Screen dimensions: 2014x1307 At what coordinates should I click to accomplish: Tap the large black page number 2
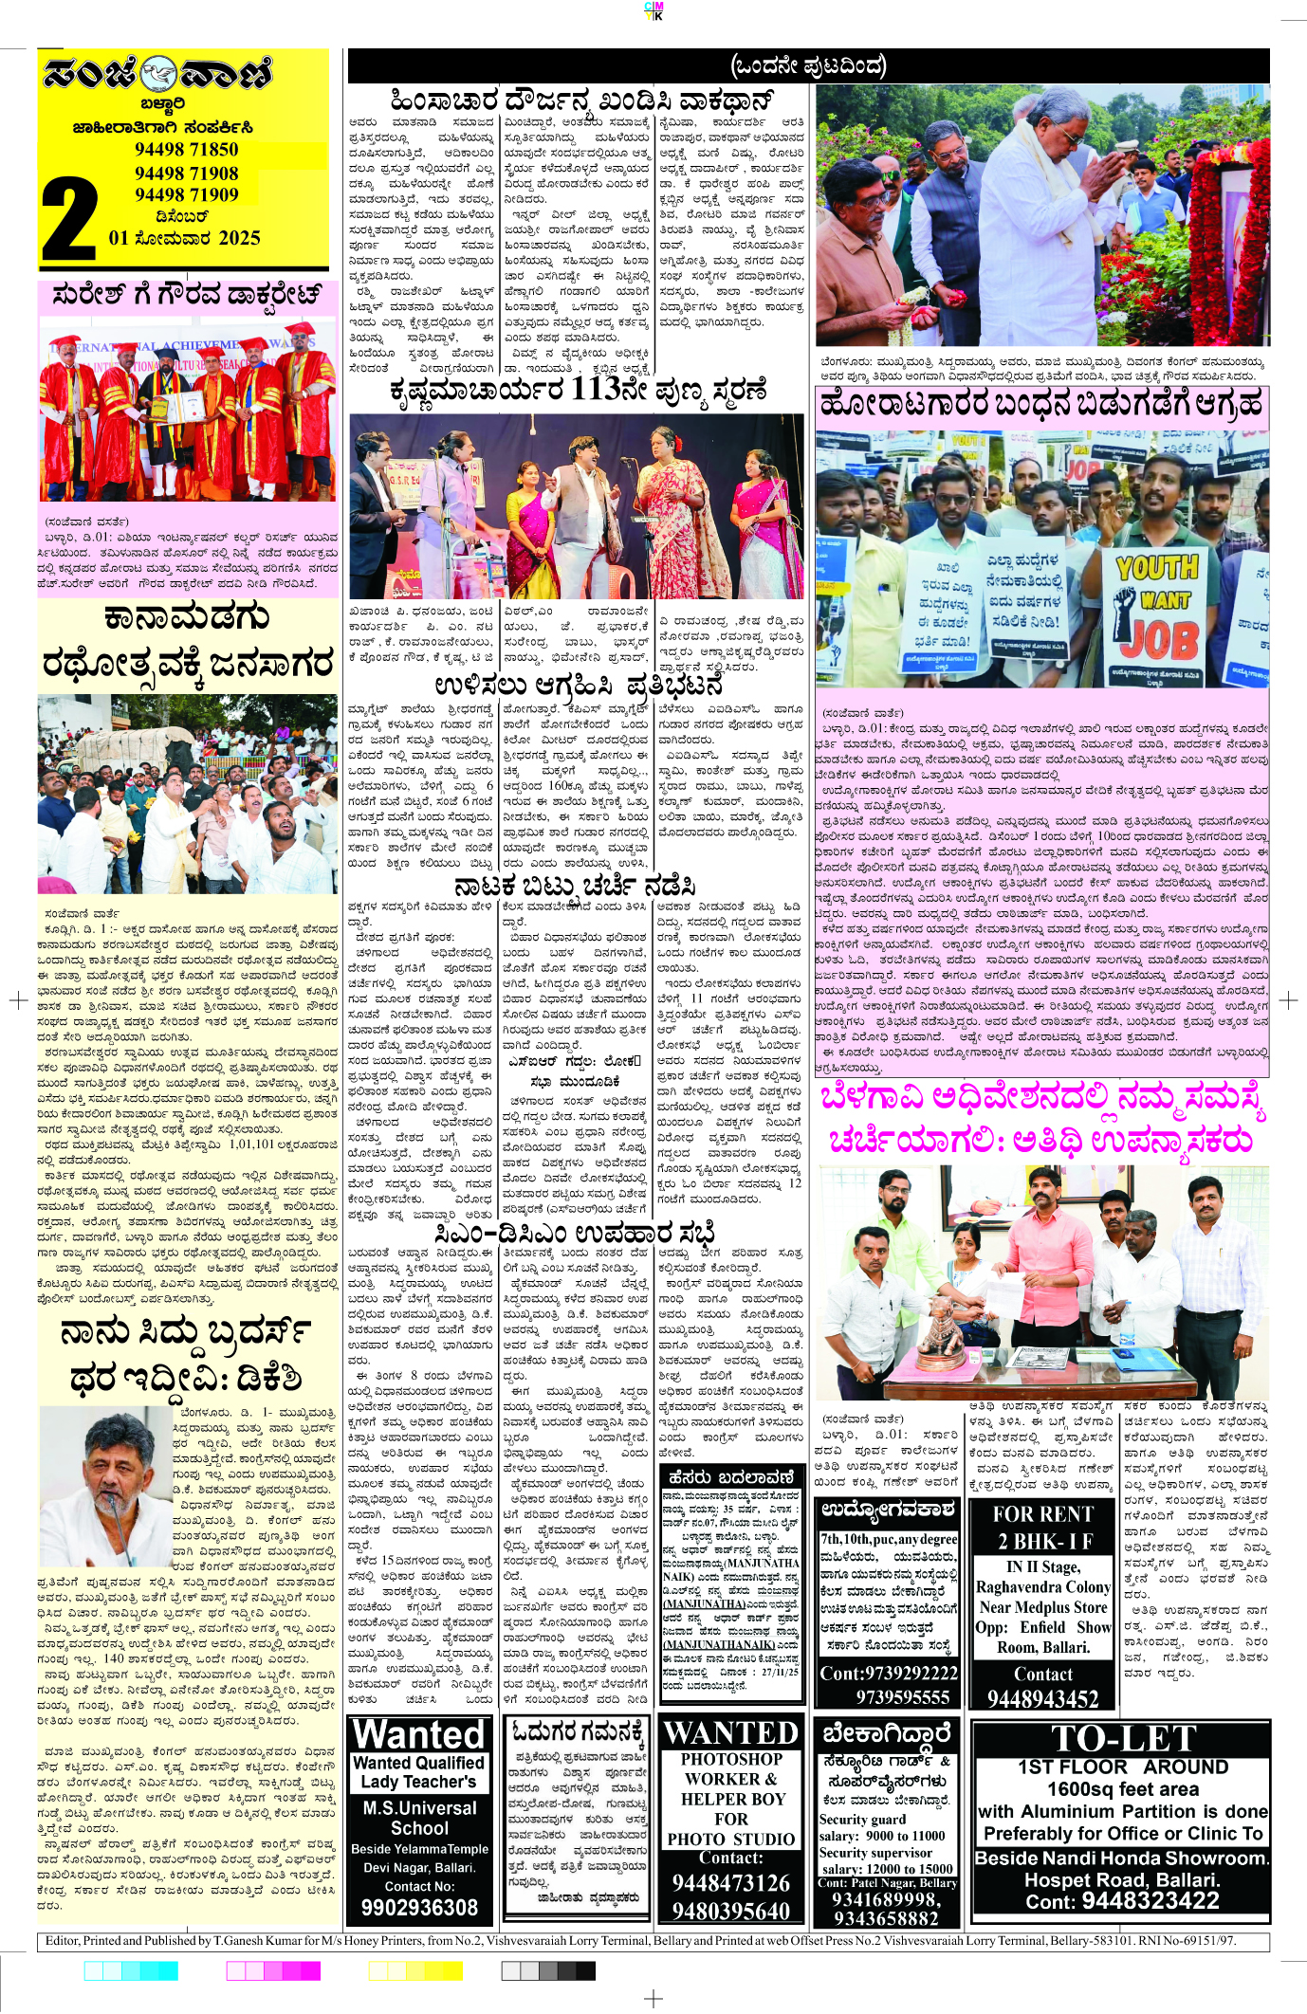pos(68,220)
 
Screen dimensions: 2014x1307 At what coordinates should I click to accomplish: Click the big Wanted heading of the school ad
pos(418,1734)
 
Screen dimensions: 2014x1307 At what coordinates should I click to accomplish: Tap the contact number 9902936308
pos(419,1907)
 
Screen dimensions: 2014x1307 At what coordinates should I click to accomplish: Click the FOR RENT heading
pos(1043,1513)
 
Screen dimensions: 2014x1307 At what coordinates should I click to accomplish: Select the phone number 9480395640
pos(731,1910)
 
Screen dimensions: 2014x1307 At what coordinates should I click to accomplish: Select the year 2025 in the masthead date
pos(239,238)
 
